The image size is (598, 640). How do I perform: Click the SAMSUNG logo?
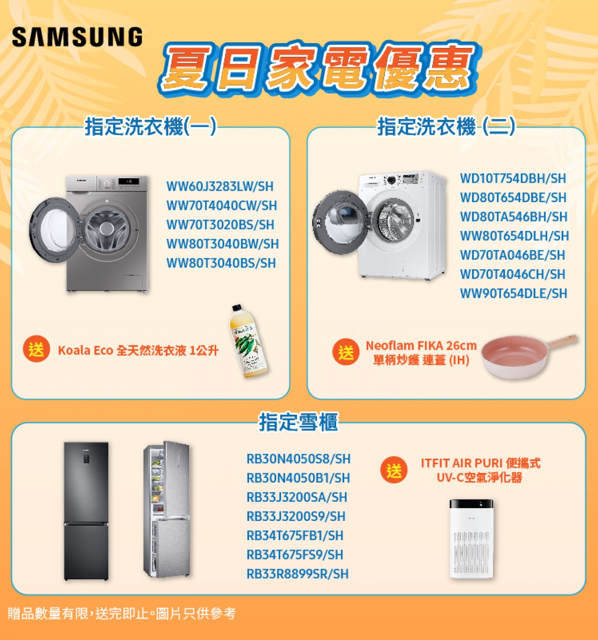pyautogui.click(x=77, y=37)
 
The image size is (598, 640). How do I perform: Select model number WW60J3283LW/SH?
pyautogui.click(x=220, y=186)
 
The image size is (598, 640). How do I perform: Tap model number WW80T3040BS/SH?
pyautogui.click(x=221, y=263)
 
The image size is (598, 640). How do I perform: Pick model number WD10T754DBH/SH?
pyautogui.click(x=513, y=178)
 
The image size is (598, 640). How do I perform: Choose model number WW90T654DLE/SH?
pyautogui.click(x=513, y=293)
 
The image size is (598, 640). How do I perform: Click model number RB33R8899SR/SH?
pyautogui.click(x=298, y=574)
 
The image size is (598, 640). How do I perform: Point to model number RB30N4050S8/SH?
pyautogui.click(x=299, y=459)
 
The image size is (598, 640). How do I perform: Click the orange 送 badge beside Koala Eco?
pyautogui.click(x=36, y=349)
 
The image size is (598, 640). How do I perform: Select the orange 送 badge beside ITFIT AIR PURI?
pyautogui.click(x=394, y=470)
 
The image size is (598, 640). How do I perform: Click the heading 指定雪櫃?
pyautogui.click(x=299, y=422)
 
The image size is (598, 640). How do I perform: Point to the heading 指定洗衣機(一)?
pyautogui.click(x=150, y=127)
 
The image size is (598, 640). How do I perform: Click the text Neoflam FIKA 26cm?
pyautogui.click(x=421, y=346)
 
